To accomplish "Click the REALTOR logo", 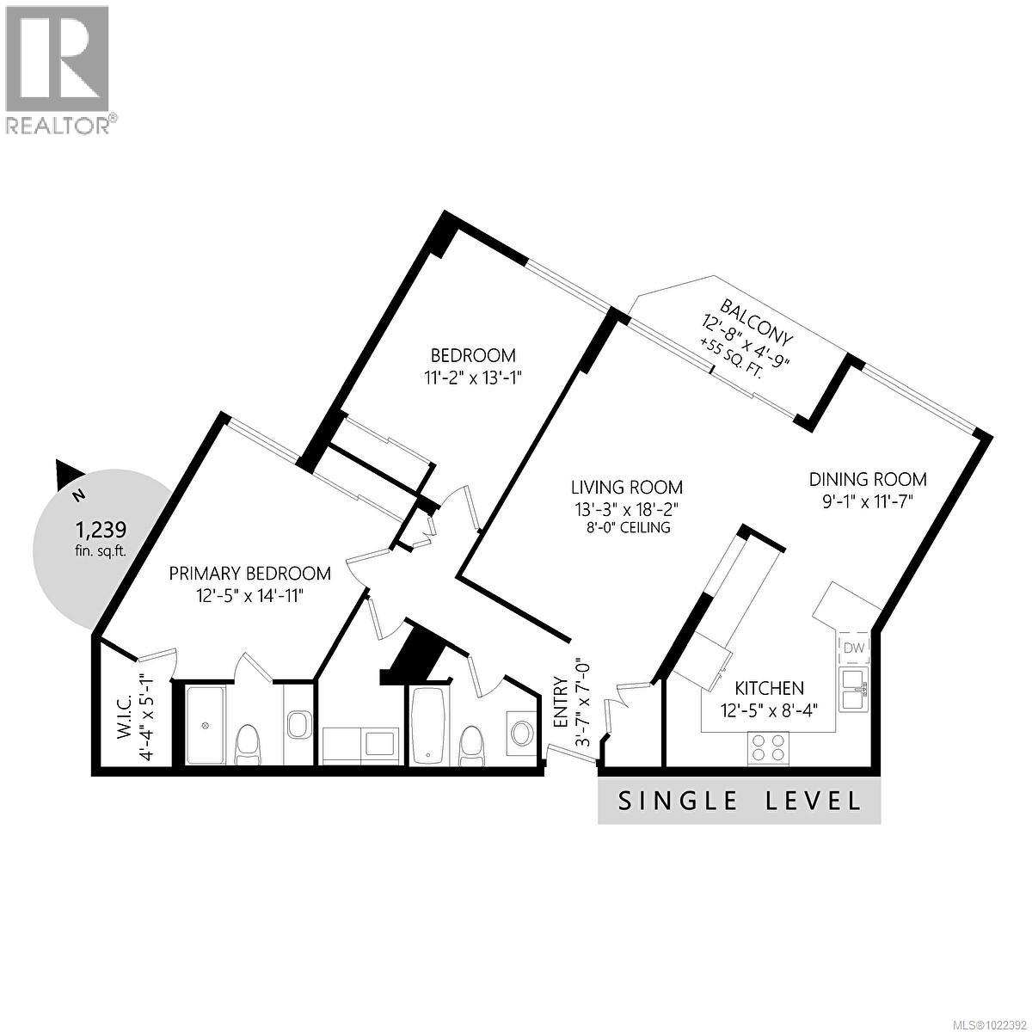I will (x=58, y=69).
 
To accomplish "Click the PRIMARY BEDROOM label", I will (x=249, y=574).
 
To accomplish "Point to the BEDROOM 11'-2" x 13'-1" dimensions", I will (x=473, y=376).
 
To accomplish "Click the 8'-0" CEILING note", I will (x=623, y=527).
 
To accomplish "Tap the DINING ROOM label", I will (x=867, y=479).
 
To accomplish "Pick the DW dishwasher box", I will (x=854, y=648).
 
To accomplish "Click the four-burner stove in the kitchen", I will (x=768, y=747).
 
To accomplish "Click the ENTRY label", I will (x=560, y=703).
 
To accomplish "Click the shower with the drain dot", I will (x=206, y=724).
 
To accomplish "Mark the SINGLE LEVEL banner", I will (x=739, y=802).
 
